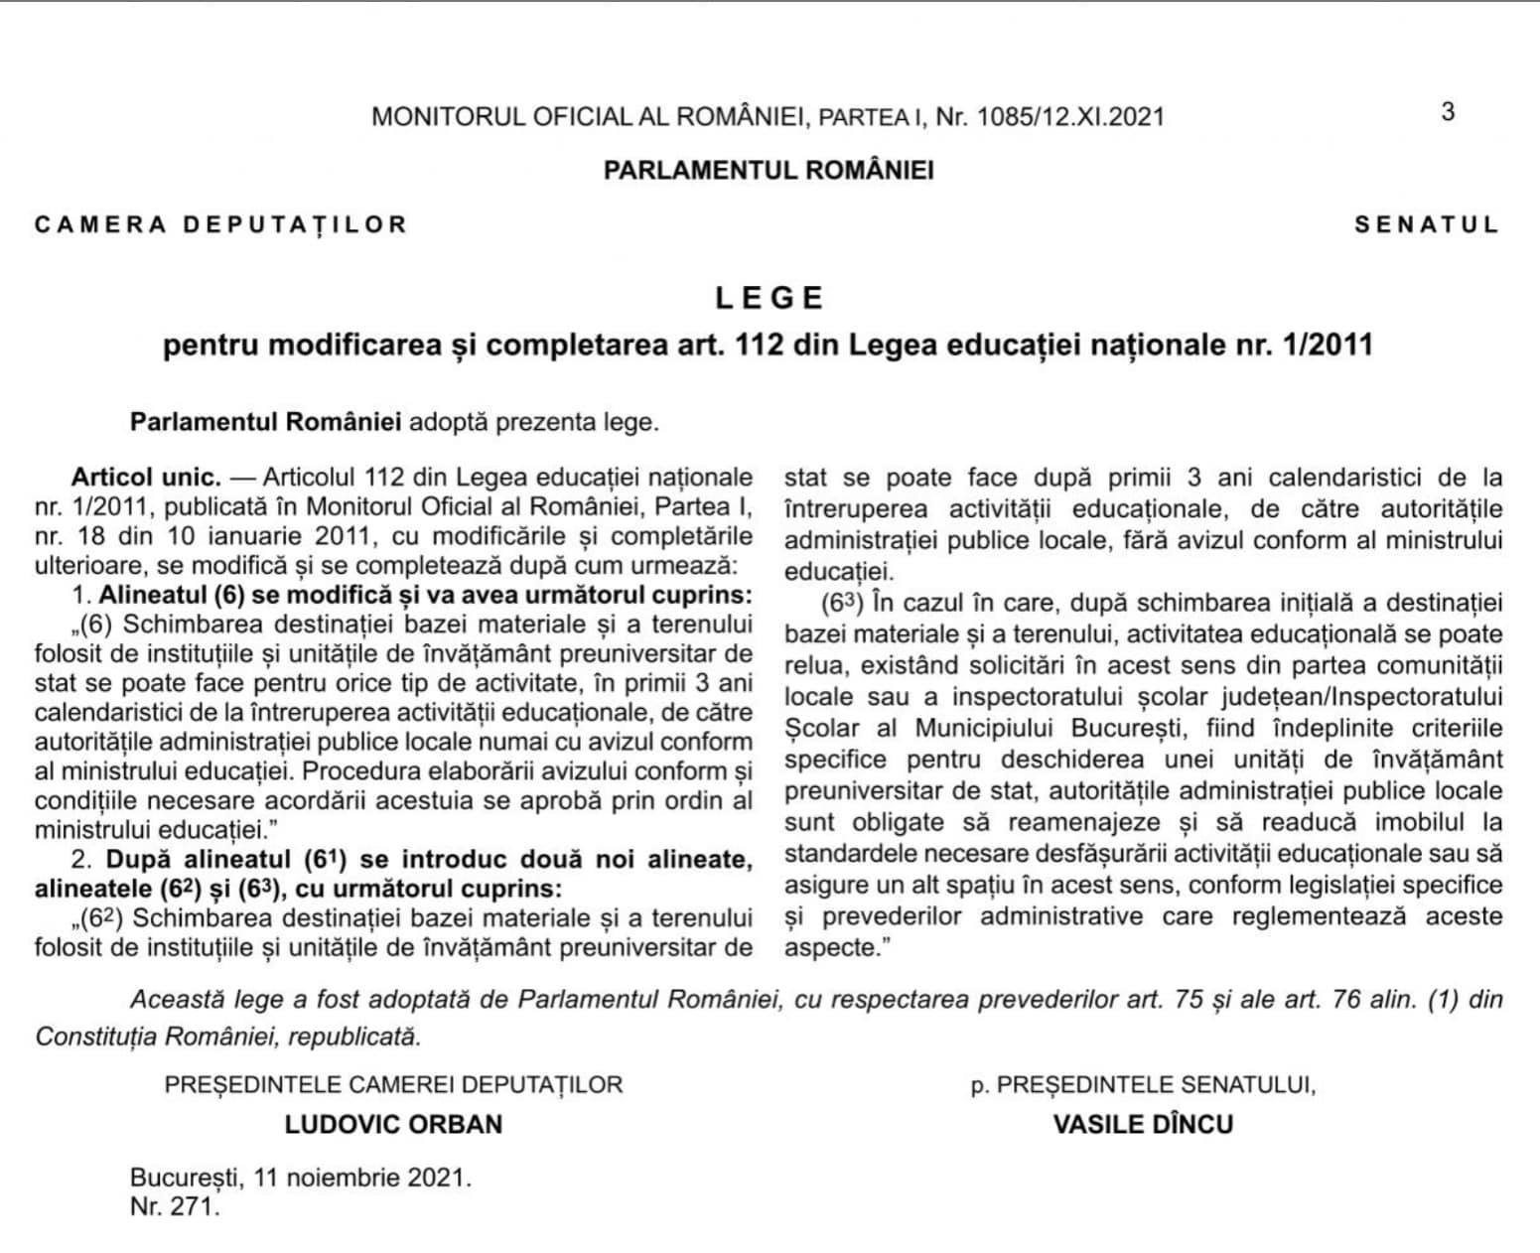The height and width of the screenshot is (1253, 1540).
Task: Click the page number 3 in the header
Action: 1448,111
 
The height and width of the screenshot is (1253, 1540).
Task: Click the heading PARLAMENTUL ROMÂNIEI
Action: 769,170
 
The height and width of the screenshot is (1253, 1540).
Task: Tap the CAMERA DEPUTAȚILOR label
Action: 221,224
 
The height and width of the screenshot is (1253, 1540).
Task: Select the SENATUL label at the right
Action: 1427,224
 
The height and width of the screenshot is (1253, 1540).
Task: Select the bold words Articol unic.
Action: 146,477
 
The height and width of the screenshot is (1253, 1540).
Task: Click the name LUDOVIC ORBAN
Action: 393,1124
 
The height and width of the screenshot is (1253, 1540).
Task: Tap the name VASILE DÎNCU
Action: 1143,1124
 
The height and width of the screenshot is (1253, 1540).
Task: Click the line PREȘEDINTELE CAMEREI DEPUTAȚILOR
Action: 393,1084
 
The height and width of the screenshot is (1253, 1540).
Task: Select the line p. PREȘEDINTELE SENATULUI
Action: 1143,1084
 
